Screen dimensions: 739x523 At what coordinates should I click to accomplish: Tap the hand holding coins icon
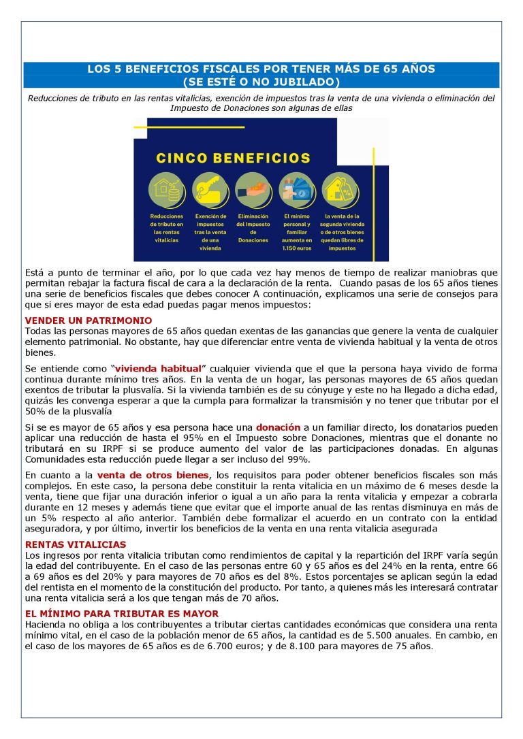coord(253,191)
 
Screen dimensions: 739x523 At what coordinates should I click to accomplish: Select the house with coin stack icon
coord(166,191)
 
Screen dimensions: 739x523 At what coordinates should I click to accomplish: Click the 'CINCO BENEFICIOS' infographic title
coord(233,158)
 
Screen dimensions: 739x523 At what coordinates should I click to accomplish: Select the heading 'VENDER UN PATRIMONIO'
coord(89,320)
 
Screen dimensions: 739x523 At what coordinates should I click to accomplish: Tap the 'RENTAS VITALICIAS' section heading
coord(76,544)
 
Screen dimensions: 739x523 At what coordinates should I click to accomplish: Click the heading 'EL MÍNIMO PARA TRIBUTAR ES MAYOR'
coord(121,614)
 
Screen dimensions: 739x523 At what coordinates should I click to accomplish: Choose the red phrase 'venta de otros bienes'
coord(153,474)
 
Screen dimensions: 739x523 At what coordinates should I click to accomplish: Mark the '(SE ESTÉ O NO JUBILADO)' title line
coord(261,82)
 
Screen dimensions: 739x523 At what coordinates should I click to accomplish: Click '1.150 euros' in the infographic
coord(297,248)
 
